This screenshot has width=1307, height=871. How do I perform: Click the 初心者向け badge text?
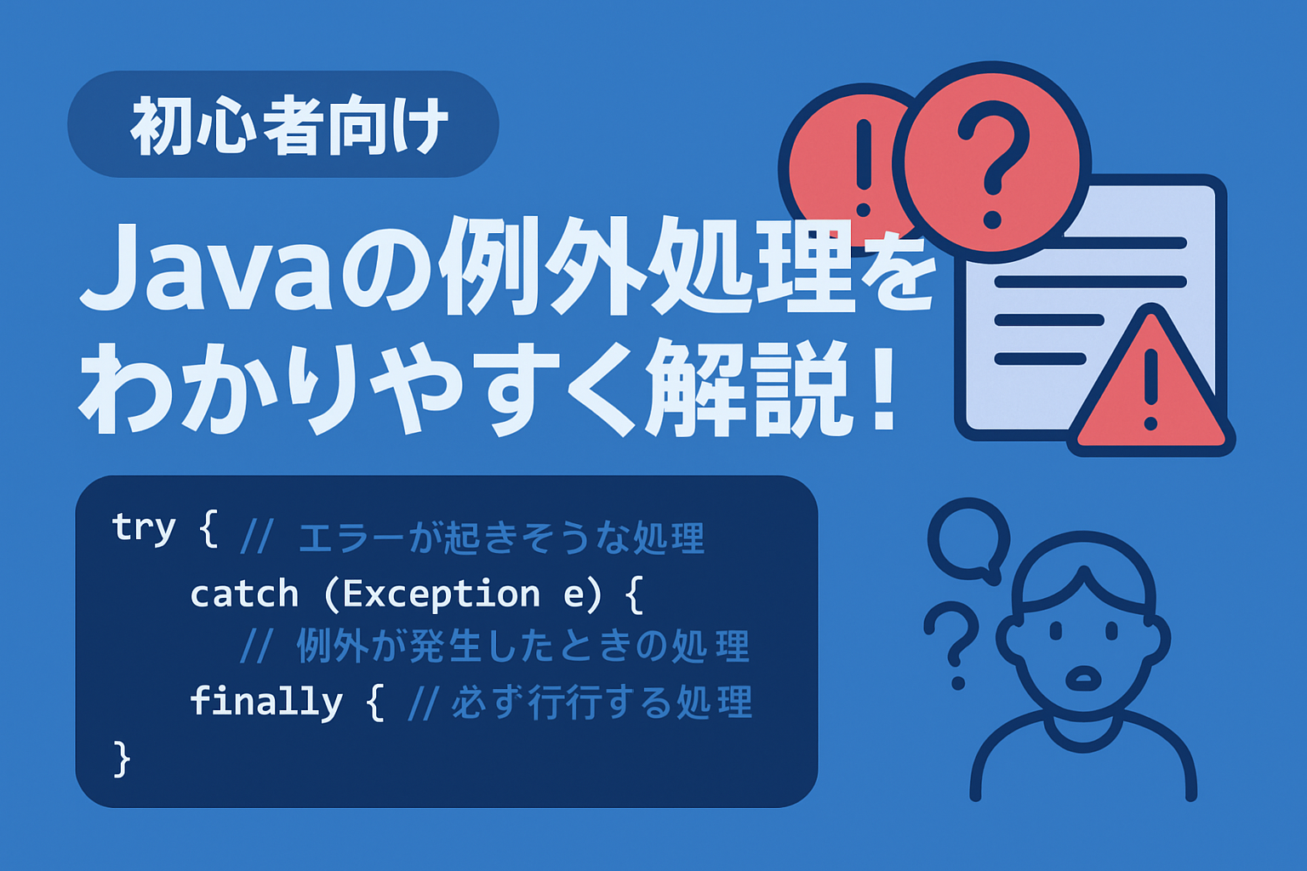(288, 126)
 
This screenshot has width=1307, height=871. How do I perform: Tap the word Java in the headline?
(205, 268)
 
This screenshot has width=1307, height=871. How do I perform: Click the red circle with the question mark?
(992, 162)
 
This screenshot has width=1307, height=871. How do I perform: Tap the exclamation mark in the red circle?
(864, 168)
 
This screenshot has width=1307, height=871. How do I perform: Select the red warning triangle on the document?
(1150, 382)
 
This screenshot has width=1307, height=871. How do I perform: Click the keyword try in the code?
(143, 528)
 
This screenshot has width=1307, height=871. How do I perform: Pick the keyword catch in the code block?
(244, 594)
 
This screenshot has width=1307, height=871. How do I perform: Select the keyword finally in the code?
(266, 702)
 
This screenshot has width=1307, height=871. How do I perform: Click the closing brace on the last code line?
(122, 759)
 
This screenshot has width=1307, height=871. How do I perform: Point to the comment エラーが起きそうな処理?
(502, 538)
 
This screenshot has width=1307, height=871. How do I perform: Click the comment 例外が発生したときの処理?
(522, 646)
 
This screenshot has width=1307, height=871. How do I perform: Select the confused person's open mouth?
(1083, 678)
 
